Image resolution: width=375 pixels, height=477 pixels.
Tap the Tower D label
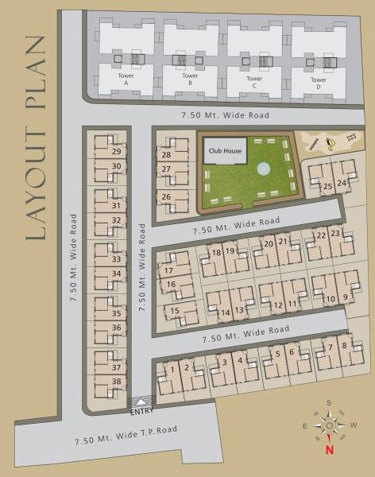point(318,83)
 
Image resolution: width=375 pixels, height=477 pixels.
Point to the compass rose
point(328,425)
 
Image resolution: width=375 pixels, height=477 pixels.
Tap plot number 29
point(117,151)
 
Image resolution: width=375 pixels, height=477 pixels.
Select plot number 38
point(117,382)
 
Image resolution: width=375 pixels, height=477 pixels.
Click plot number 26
point(166,197)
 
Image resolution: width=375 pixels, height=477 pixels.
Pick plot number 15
point(174,310)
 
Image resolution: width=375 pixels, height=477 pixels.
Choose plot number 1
point(172,368)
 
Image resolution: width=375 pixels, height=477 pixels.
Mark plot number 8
point(343,346)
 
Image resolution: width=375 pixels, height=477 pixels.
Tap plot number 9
point(346,298)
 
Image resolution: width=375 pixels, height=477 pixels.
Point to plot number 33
point(117,259)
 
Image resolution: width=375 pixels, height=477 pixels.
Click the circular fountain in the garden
point(263,169)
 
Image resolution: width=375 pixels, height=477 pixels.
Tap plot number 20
point(269,243)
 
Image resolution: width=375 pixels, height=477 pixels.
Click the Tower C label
point(254,83)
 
